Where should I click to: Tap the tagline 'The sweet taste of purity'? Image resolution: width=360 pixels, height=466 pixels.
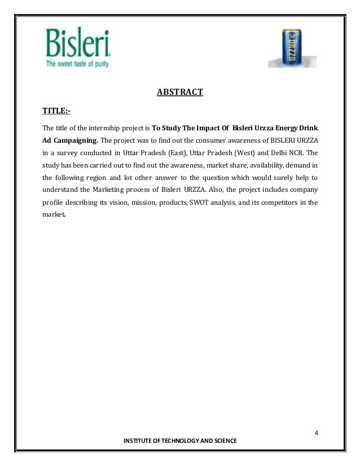coord(77,63)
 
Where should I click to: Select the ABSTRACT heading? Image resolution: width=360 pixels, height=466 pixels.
coord(179,92)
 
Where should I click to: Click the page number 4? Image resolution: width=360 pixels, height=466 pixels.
coord(317,433)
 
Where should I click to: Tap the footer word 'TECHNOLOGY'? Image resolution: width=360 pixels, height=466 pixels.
coord(181,440)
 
